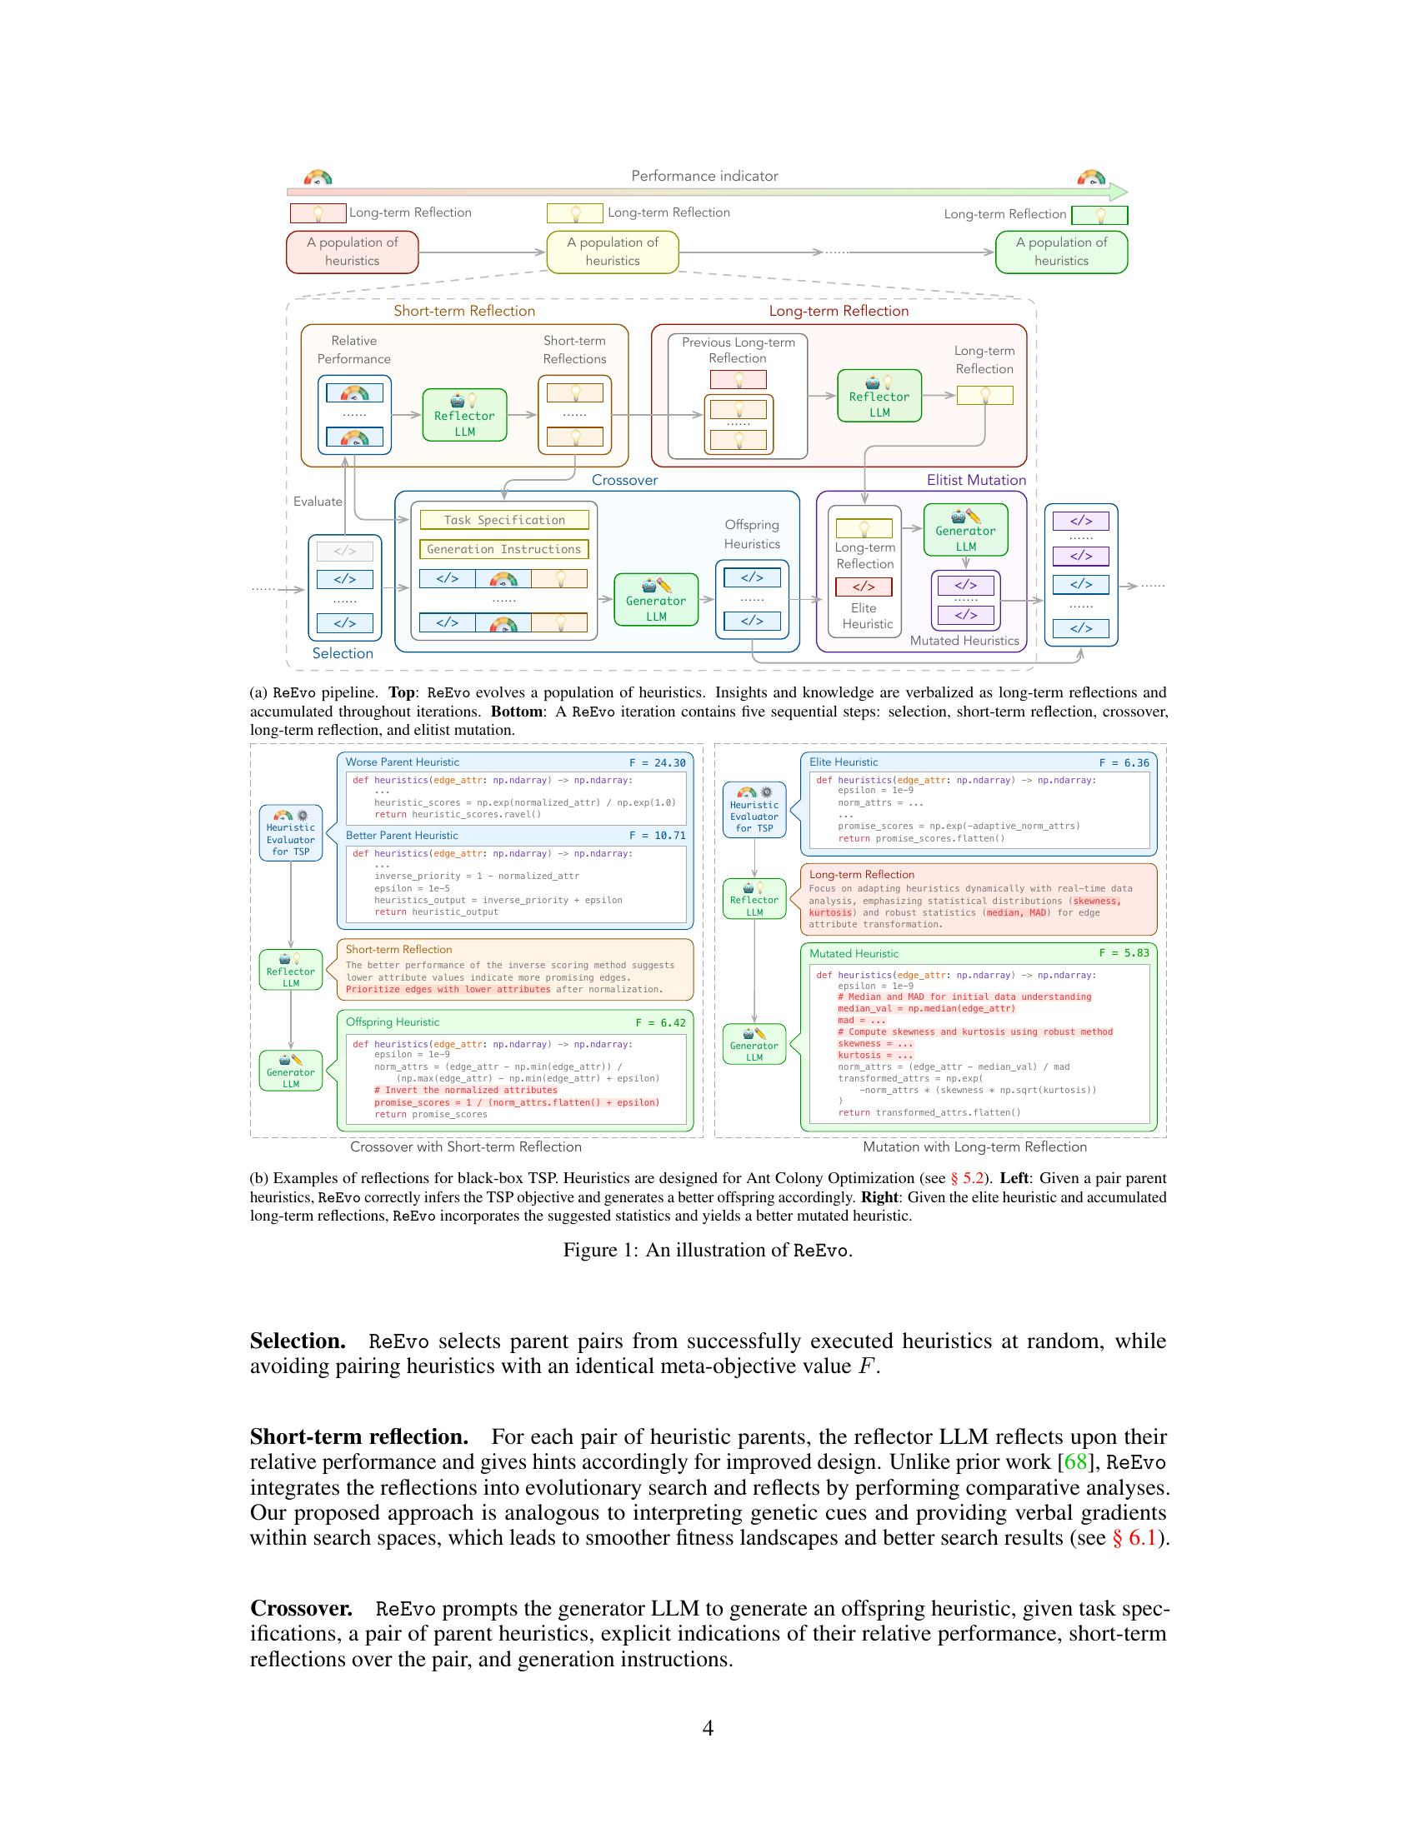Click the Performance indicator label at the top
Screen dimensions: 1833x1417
704,176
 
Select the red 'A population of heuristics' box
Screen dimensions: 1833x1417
352,252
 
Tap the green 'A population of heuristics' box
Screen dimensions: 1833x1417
1061,252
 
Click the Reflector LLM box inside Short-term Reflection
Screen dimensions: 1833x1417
464,415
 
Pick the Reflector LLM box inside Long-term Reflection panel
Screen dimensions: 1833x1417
879,396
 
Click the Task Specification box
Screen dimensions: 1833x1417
503,521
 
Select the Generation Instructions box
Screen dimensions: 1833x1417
503,549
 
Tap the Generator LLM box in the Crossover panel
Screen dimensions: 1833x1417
656,599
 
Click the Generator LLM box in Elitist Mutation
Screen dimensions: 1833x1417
965,530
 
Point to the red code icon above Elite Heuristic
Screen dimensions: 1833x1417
864,586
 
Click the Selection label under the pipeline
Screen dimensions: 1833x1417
343,653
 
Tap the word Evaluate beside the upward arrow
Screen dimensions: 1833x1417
318,501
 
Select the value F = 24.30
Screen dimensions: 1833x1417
658,763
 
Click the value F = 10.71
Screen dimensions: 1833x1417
658,836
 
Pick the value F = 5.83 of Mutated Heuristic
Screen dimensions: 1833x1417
1124,953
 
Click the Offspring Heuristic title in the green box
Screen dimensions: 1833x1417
392,1022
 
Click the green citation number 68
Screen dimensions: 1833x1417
1075,1461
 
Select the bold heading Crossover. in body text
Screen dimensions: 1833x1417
302,1608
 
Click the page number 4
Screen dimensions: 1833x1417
708,1727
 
